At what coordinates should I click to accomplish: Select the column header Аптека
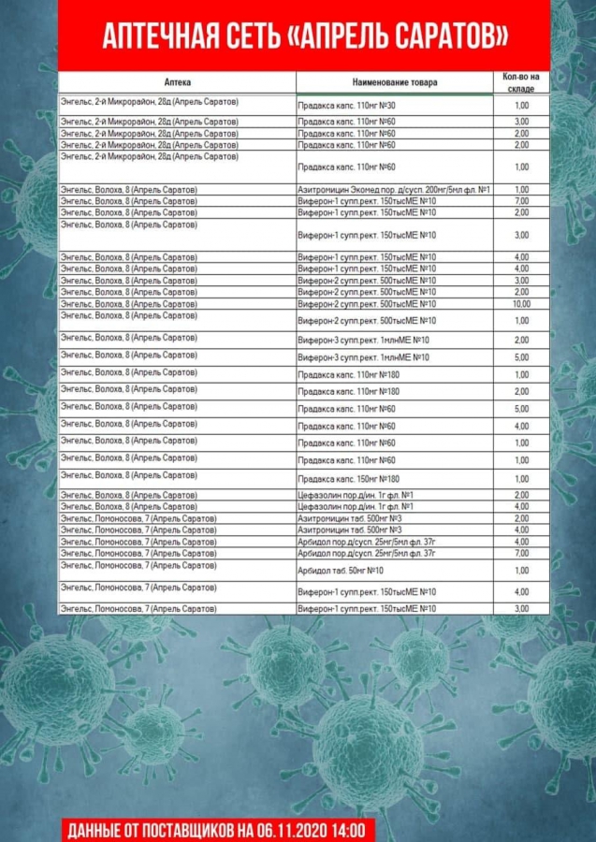click(x=177, y=82)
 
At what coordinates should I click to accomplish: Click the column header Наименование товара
click(x=395, y=82)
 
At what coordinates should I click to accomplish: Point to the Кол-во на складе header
click(x=521, y=81)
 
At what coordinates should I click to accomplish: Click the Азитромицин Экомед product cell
click(x=394, y=190)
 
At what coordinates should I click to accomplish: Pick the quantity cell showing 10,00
click(x=521, y=304)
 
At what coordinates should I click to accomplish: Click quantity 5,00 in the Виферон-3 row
click(x=521, y=357)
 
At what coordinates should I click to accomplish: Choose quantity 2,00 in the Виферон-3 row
click(x=521, y=340)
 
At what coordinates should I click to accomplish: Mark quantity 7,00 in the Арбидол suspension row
click(x=521, y=553)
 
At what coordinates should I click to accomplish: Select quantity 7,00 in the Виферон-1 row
click(x=521, y=201)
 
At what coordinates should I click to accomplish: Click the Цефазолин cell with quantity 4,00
click(x=355, y=506)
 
